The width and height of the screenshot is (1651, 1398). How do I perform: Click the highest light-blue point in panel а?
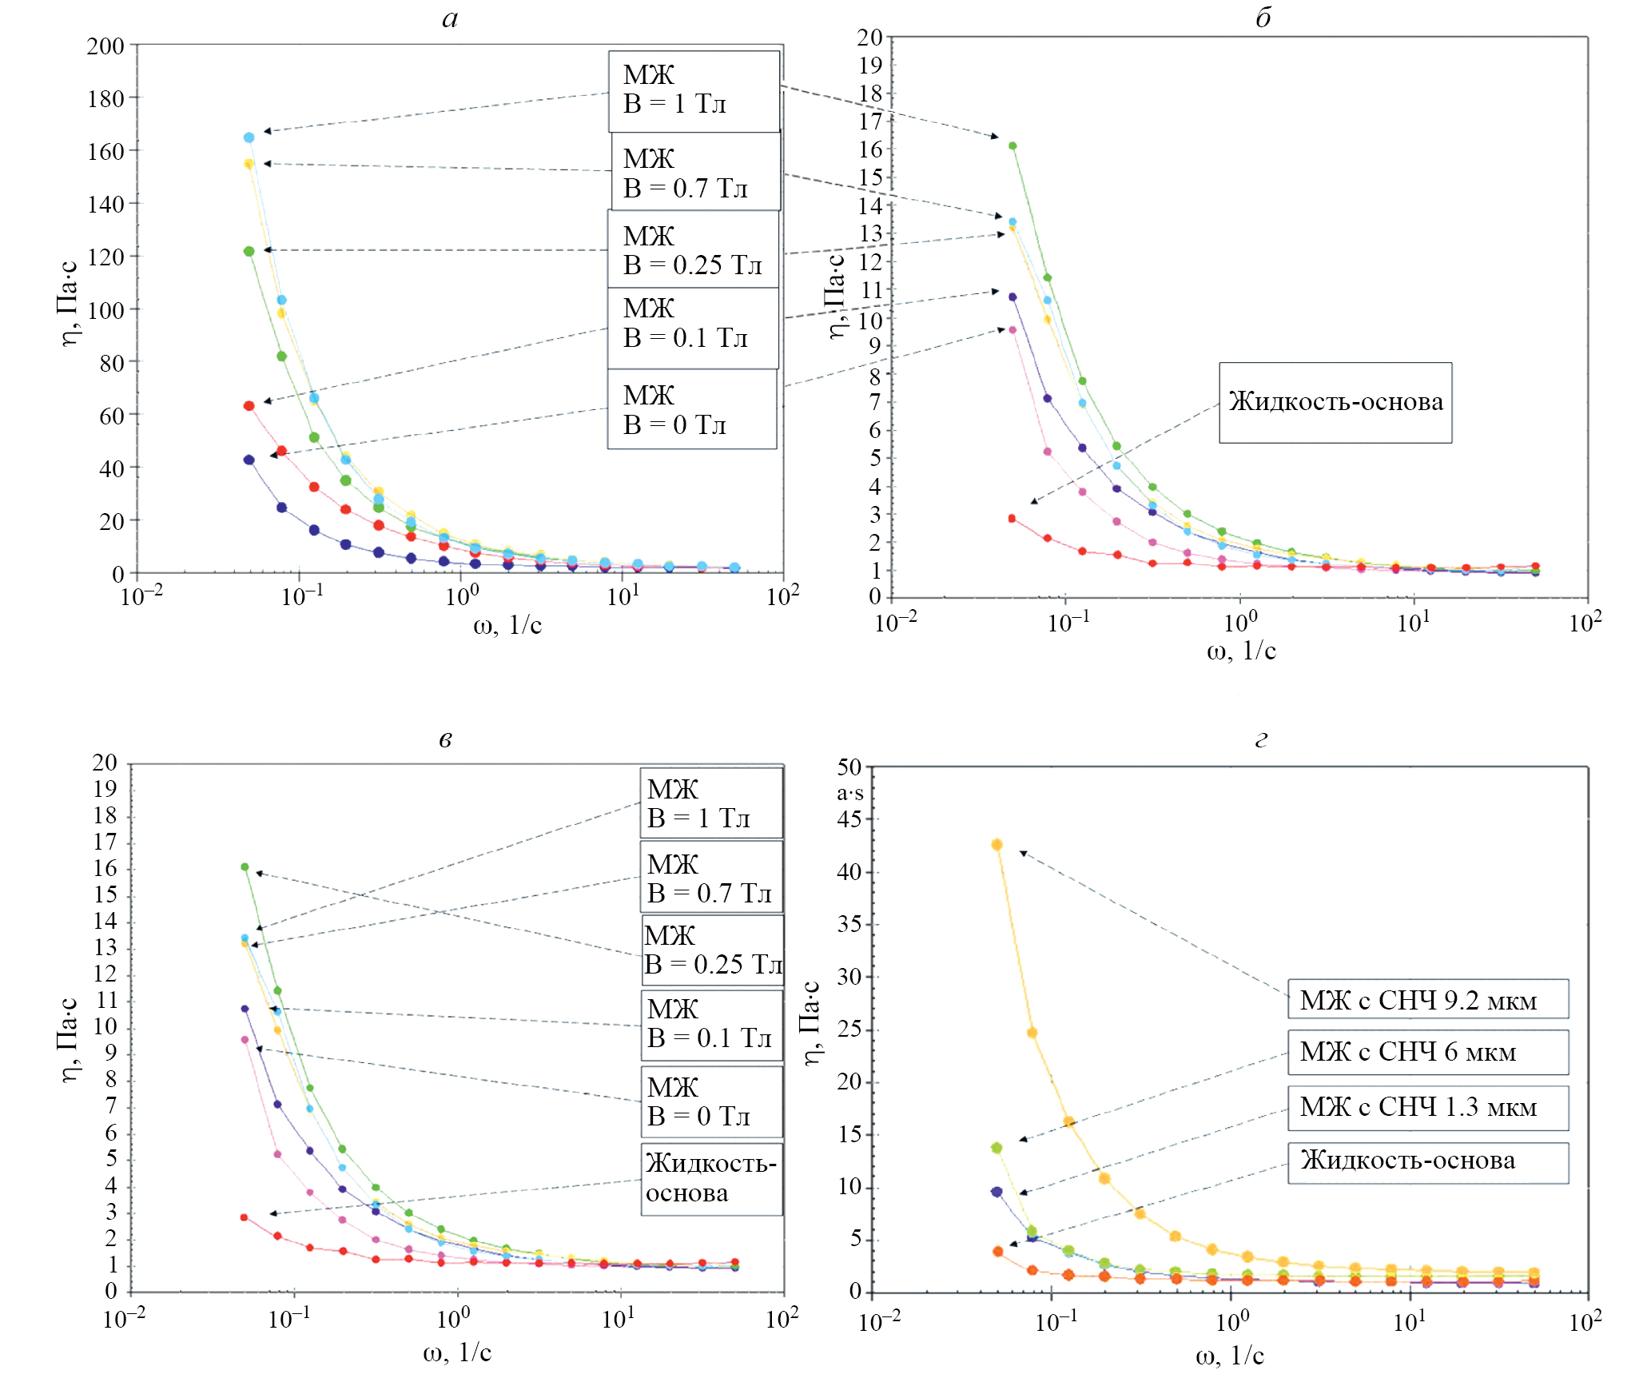coord(249,137)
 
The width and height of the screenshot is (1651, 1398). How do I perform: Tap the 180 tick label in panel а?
coord(105,98)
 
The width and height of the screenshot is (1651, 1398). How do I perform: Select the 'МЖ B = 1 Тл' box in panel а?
coord(694,91)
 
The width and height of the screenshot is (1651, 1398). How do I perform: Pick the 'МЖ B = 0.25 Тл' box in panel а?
coord(693,249)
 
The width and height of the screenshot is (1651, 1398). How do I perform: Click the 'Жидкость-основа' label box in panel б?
coord(1335,402)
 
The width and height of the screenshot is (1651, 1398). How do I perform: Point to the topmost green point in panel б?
coord(1012,145)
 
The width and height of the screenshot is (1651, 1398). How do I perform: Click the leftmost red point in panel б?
coord(1012,519)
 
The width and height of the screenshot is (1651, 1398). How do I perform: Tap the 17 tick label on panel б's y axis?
coord(870,121)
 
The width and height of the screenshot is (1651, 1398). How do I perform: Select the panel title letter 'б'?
coord(1263,18)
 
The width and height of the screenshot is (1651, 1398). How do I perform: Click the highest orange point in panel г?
coord(997,845)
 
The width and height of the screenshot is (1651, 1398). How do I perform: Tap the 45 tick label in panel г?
coord(849,818)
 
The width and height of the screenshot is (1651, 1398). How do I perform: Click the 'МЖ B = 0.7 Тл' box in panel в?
coord(710,877)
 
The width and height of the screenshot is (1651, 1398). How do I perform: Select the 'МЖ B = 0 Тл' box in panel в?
coord(710,1101)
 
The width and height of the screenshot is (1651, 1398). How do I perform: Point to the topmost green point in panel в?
coord(245,866)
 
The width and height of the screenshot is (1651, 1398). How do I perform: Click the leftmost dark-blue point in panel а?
coord(249,460)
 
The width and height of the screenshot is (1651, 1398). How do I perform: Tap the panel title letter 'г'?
coord(1260,739)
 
